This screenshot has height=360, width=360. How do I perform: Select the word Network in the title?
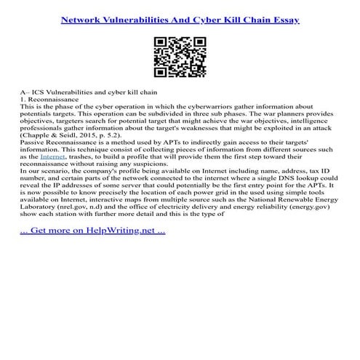[x=86, y=20]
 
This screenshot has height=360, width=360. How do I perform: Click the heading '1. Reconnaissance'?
[x=52, y=100]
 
